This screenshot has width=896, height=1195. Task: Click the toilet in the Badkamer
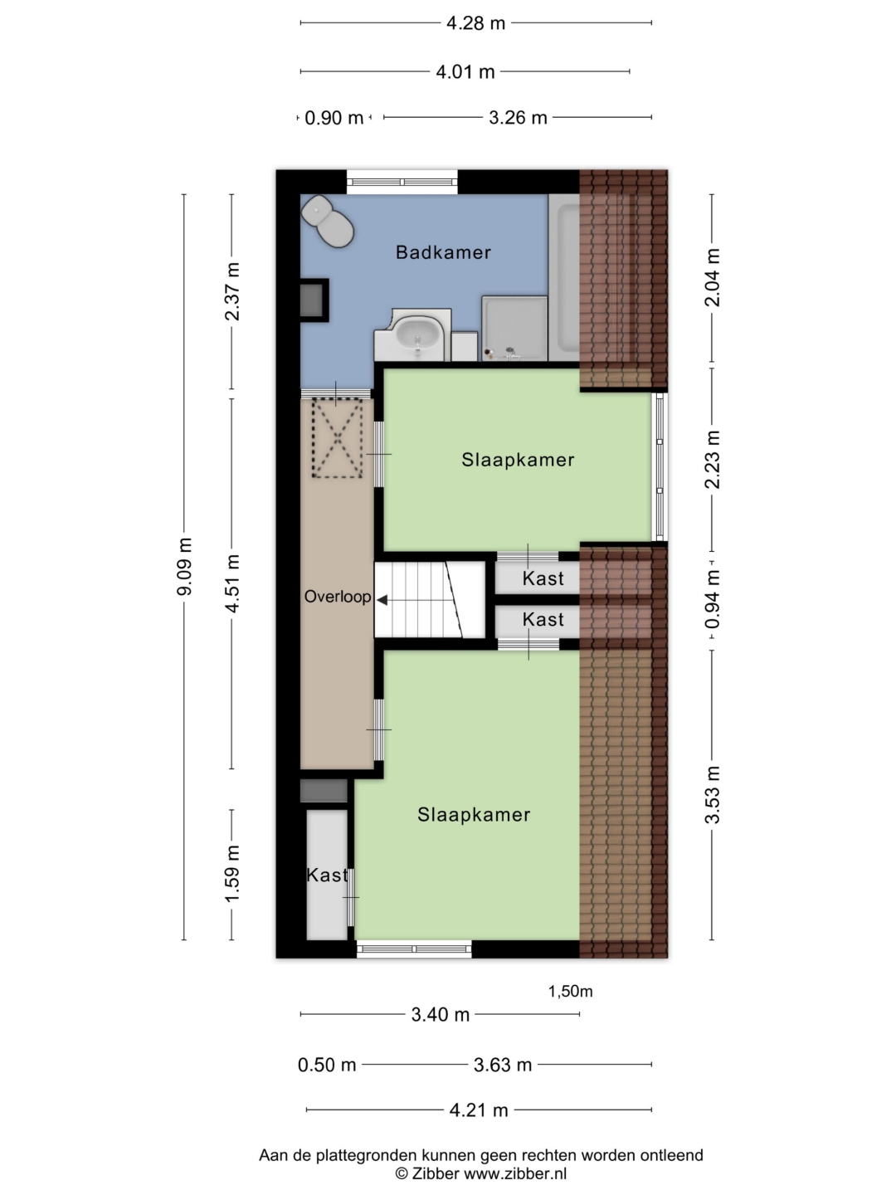point(328,222)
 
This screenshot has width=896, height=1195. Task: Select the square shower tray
point(514,329)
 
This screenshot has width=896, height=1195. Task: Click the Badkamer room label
point(443,252)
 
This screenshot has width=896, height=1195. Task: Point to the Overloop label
point(338,597)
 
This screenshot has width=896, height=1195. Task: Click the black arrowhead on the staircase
point(382,600)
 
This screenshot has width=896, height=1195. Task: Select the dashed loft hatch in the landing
point(338,438)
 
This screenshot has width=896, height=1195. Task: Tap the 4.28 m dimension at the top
point(476,23)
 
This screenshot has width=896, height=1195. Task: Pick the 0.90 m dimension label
point(334,118)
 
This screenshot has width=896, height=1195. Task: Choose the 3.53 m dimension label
point(713,795)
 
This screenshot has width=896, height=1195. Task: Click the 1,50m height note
point(570,992)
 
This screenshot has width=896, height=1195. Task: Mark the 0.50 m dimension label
point(327,1065)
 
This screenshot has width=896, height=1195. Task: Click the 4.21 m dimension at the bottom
point(479,1110)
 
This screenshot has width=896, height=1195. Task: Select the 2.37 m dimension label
point(233,291)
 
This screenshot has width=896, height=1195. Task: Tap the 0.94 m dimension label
point(713,600)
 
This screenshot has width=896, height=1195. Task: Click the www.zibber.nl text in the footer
point(515,1173)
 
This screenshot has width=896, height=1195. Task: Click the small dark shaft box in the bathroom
point(314,300)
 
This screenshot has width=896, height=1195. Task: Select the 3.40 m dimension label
point(440,1015)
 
